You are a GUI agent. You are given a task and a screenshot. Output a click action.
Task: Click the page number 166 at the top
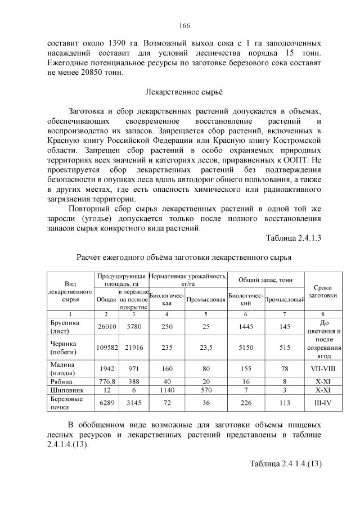pyautogui.click(x=184, y=26)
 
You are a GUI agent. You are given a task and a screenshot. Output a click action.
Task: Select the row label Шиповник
pyautogui.click(x=66, y=389)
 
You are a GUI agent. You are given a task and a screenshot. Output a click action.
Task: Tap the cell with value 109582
pyautogui.click(x=106, y=348)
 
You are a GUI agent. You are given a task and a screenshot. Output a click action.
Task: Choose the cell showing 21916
pyautogui.click(x=133, y=348)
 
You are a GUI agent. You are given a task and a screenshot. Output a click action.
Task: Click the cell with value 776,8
pyautogui.click(x=106, y=381)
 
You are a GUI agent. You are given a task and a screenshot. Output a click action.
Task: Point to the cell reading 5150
pyautogui.click(x=245, y=348)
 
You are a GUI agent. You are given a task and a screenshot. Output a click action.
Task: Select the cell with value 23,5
pyautogui.click(x=206, y=348)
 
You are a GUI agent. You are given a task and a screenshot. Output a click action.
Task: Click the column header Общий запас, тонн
pyautogui.click(x=265, y=280)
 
